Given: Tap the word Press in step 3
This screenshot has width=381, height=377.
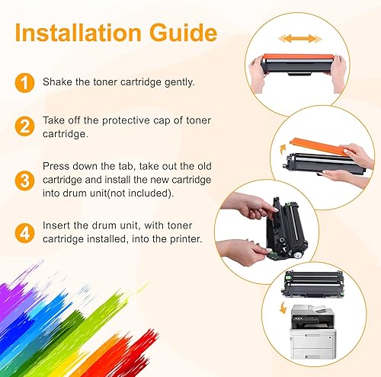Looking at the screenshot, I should [x=56, y=165].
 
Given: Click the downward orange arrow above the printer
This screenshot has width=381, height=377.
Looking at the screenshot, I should [x=285, y=308].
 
